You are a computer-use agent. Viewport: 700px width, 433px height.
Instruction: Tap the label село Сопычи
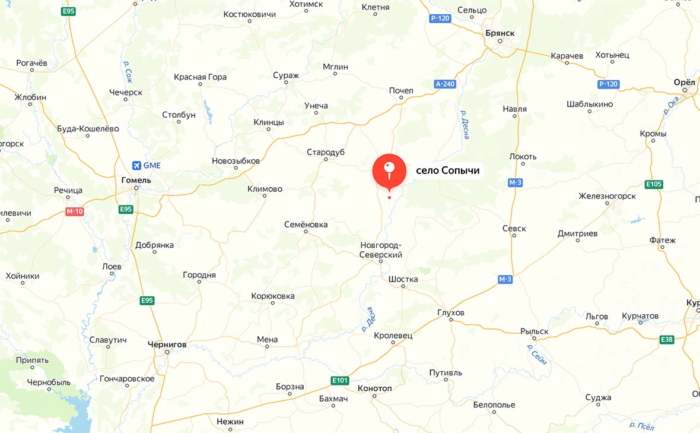click(447, 171)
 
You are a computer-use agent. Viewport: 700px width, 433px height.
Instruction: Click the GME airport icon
click(137, 165)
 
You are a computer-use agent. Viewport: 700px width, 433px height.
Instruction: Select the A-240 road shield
click(445, 84)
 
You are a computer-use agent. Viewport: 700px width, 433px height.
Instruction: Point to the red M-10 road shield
click(74, 211)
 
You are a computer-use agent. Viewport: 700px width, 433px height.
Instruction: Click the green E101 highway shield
click(340, 380)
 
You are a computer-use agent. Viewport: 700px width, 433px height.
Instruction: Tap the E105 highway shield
click(653, 184)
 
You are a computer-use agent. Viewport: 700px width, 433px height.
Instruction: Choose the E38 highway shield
click(667, 340)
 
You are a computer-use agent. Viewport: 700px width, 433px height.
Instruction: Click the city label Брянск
click(499, 32)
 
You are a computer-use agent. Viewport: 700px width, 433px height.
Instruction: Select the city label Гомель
click(136, 180)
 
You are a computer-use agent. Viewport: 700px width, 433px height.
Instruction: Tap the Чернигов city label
click(167, 344)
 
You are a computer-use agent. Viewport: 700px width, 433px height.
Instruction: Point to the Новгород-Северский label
click(381, 250)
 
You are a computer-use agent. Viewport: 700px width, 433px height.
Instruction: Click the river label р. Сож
click(128, 71)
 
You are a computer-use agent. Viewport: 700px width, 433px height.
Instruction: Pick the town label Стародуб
click(326, 153)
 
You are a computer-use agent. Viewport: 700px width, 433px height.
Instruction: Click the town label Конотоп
click(375, 388)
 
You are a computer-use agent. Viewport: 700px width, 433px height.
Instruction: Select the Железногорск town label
click(607, 196)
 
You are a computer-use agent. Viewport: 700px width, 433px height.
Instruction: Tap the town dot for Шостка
click(403, 287)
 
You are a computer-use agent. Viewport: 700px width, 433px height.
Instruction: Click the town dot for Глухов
click(451, 320)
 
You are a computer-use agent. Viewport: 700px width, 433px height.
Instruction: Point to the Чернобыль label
click(49, 382)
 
